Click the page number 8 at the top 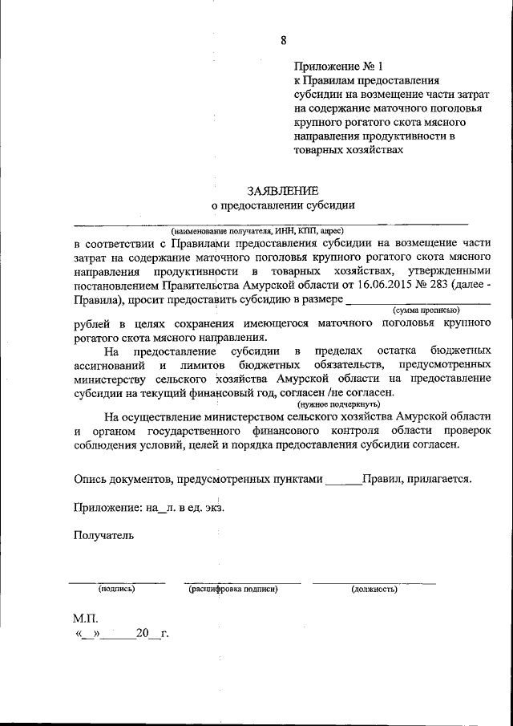(283, 40)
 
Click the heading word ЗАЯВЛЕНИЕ (283, 190)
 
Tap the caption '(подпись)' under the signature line (116, 590)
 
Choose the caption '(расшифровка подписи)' (233, 590)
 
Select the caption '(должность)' (374, 590)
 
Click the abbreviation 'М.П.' (85, 619)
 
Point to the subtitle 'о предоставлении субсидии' (283, 205)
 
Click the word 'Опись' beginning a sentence (90, 479)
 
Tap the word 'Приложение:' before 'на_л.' (104, 507)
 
